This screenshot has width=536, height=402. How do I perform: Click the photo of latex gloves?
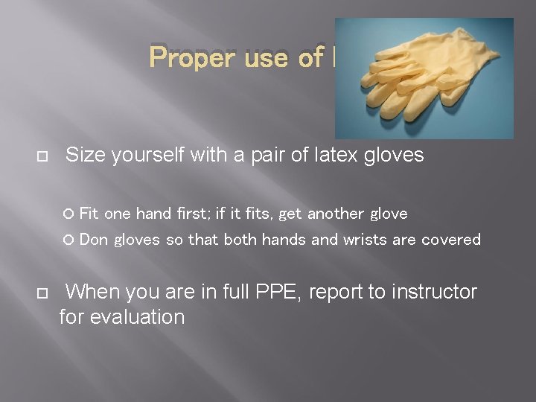click(x=424, y=77)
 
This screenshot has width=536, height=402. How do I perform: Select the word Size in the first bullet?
click(x=86, y=155)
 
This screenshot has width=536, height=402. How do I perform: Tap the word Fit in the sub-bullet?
click(x=89, y=214)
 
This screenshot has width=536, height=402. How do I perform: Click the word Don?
click(x=93, y=240)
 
